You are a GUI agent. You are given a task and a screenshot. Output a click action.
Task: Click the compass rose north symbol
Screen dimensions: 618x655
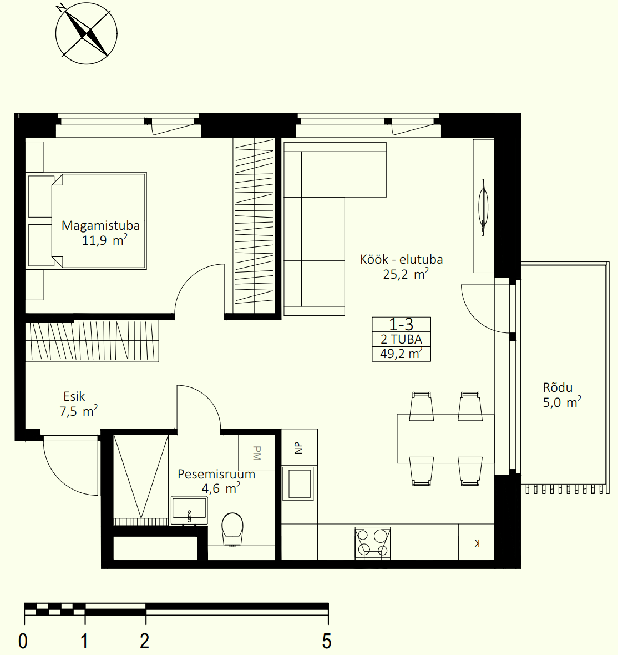click(x=87, y=33)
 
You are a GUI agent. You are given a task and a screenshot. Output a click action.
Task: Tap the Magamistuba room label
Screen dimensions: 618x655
click(x=100, y=225)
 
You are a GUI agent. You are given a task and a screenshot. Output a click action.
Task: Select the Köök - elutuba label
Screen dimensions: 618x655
click(x=401, y=259)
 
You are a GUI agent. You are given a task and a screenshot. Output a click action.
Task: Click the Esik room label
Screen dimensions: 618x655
click(x=74, y=396)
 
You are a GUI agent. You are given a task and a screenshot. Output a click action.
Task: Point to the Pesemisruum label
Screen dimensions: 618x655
click(x=216, y=474)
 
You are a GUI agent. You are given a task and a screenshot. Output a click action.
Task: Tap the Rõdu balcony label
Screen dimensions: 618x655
click(x=558, y=387)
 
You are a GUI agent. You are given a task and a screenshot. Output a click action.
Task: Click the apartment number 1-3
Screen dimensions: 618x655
click(x=401, y=324)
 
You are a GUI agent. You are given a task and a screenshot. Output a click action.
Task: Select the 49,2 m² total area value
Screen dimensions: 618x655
click(x=401, y=354)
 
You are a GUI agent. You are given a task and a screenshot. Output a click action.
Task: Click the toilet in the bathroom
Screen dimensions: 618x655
click(x=232, y=529)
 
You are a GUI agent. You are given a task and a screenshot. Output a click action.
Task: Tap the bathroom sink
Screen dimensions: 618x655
click(x=189, y=511)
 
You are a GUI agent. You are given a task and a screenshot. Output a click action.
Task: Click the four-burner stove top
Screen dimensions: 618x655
click(x=373, y=543)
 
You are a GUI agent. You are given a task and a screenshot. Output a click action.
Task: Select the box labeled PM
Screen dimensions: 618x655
click(x=256, y=453)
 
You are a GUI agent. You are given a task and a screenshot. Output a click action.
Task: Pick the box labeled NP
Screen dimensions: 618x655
click(x=300, y=447)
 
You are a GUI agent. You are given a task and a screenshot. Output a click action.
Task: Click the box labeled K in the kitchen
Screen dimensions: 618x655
click(x=476, y=542)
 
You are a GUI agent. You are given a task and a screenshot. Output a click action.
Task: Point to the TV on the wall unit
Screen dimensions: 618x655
click(x=483, y=207)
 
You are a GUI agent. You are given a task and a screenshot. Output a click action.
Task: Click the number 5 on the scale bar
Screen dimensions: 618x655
click(x=327, y=641)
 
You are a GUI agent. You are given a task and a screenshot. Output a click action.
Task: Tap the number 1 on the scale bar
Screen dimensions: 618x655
click(x=84, y=641)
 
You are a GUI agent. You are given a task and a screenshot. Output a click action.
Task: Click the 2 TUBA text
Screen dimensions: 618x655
click(x=401, y=339)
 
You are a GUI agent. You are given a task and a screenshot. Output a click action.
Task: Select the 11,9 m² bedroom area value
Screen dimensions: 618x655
click(x=105, y=240)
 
